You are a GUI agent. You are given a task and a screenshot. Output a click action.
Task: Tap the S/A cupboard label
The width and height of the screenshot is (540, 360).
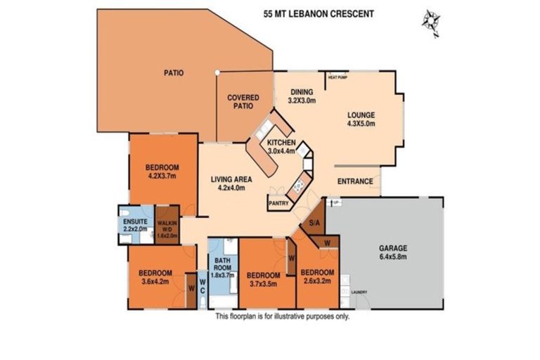(314, 223)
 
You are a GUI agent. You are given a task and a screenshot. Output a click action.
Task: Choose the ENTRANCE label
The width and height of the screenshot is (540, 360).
(355, 181)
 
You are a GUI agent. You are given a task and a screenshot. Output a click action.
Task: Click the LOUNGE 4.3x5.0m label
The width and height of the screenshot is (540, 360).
(360, 120)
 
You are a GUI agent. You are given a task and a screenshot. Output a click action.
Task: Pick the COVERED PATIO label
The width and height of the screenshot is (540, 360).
(243, 102)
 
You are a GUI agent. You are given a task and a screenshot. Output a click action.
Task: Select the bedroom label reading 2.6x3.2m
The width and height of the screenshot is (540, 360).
(317, 277)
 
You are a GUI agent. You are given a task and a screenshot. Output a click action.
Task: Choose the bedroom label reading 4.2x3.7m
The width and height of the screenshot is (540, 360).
(162, 172)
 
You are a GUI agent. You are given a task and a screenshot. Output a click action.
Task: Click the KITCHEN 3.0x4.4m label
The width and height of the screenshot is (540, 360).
(282, 148)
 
